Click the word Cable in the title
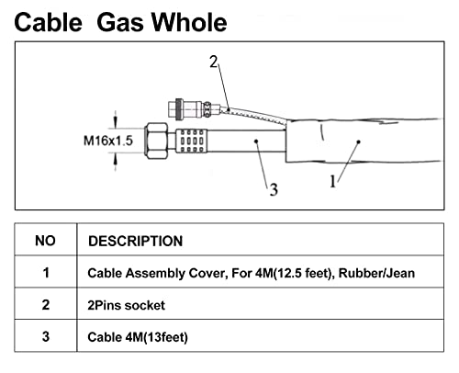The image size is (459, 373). click(49, 22)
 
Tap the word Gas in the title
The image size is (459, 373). click(120, 22)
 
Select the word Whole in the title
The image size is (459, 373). click(189, 22)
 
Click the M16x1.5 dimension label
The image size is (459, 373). click(108, 141)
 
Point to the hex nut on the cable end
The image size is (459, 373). click(156, 141)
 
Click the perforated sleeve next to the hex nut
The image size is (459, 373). click(192, 141)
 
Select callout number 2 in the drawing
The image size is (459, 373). click(214, 62)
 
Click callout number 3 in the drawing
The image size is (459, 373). click(274, 189)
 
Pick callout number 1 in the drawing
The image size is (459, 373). click(333, 181)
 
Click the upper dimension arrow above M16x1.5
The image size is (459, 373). click(116, 119)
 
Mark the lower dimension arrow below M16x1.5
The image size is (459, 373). click(116, 162)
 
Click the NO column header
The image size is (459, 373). click(45, 241)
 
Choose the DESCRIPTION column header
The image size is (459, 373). click(136, 241)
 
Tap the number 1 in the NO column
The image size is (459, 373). click(46, 273)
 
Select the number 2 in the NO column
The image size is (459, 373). click(46, 305)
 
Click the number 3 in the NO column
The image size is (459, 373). click(46, 336)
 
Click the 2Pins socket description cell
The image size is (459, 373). click(126, 305)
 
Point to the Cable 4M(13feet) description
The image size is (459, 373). click(138, 337)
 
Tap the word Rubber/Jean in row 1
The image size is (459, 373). click(376, 273)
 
